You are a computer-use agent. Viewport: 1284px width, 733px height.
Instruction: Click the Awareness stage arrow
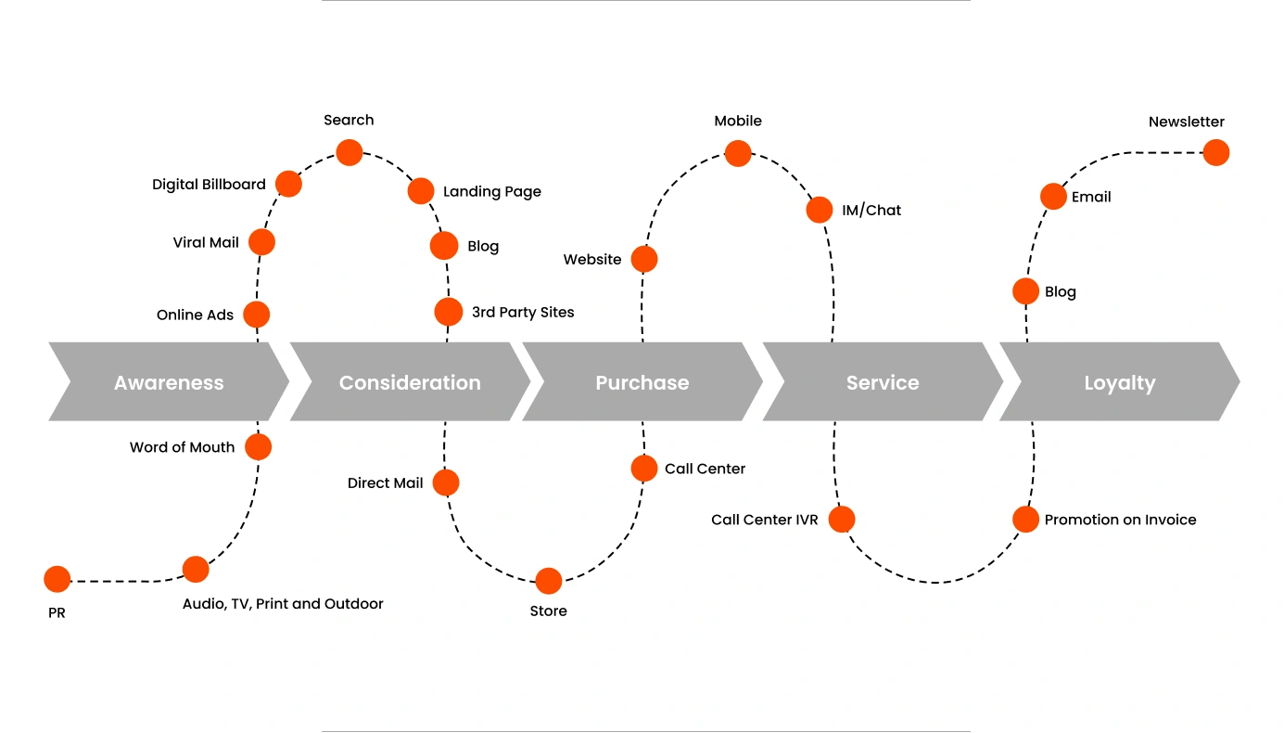pos(169,382)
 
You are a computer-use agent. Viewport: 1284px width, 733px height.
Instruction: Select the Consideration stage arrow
pos(410,382)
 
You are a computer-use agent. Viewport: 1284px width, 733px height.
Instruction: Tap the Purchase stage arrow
pos(642,382)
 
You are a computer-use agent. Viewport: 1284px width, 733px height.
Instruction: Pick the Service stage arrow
pos(883,382)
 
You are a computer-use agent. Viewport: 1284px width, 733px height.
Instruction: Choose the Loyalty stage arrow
pos(1120,382)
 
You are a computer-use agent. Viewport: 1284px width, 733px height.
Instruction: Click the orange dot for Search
pos(350,152)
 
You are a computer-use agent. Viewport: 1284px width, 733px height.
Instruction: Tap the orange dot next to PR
pos(57,579)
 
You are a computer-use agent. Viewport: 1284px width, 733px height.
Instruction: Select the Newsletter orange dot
pos(1216,153)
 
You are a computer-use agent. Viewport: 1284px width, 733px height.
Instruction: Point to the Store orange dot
pos(549,581)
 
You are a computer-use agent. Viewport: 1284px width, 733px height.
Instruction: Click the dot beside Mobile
pos(738,153)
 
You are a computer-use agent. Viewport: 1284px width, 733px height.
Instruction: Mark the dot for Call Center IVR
pos(842,519)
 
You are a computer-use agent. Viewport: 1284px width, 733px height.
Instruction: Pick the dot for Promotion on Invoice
pos(1025,519)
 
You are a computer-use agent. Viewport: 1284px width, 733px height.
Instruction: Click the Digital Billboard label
pos(209,185)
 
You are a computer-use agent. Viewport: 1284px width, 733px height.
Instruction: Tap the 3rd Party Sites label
pos(523,313)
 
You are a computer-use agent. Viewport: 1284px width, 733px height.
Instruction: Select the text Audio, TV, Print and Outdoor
pos(283,604)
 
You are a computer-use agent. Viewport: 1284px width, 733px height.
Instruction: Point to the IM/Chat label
pos(871,211)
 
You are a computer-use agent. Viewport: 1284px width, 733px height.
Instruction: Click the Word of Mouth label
pos(182,447)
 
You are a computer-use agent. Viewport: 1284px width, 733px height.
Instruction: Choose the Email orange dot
pos(1053,196)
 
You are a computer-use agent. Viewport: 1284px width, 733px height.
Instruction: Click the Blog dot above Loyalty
pos(1025,291)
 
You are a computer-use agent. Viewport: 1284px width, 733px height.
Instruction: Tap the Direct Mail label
pos(385,483)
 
